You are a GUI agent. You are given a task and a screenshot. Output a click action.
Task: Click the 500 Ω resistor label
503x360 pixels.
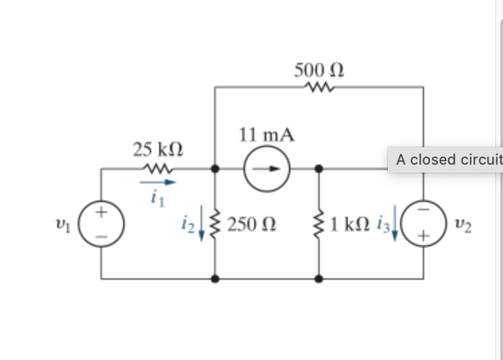tap(320, 70)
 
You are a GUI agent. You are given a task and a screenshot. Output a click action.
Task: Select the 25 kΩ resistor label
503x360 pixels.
tap(157, 149)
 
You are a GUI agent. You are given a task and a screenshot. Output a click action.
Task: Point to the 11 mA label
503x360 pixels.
tap(266, 135)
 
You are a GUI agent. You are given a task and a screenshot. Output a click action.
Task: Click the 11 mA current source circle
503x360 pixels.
tap(266, 169)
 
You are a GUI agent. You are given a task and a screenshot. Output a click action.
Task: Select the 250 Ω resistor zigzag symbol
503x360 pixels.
tap(215, 223)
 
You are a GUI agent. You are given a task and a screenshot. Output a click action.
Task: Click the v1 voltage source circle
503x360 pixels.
tap(102, 223)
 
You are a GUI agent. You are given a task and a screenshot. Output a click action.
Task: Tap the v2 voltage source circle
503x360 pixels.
tap(423, 223)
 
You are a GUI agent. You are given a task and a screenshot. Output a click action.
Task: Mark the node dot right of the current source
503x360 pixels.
tap(319, 169)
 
